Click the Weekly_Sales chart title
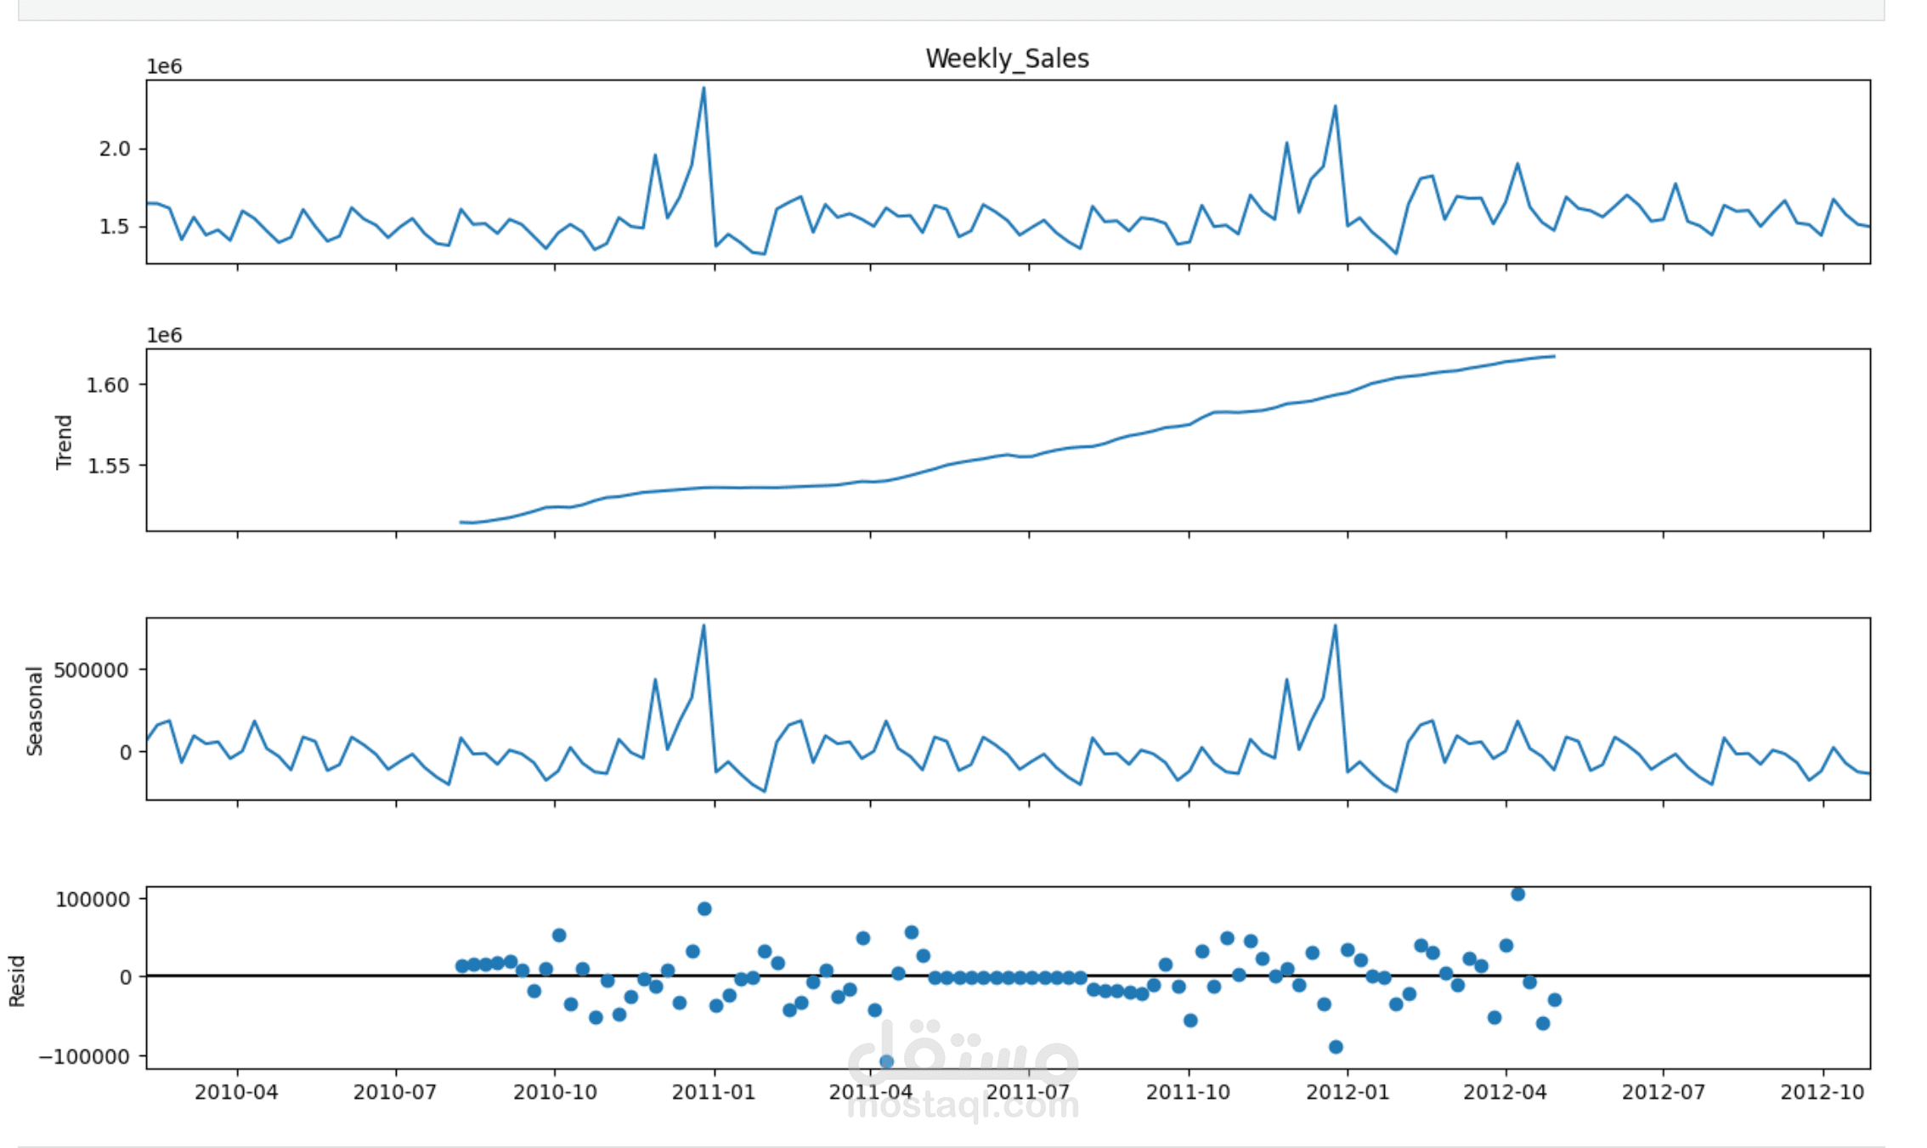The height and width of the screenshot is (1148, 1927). click(x=1007, y=59)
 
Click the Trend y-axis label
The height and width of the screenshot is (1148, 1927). click(x=64, y=442)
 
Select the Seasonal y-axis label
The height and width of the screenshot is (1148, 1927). click(x=35, y=711)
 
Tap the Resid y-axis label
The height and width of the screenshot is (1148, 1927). click(x=17, y=981)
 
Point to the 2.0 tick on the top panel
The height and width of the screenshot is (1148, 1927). click(x=115, y=149)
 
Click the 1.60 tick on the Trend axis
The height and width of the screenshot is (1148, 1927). click(x=108, y=385)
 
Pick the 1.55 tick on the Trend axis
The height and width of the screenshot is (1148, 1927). click(x=108, y=466)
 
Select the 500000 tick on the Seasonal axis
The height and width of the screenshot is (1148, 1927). click(x=91, y=670)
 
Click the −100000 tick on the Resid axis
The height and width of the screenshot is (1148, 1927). click(x=84, y=1056)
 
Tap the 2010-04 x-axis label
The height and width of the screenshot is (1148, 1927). click(x=236, y=1092)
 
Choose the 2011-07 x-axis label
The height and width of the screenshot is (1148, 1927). click(x=1028, y=1092)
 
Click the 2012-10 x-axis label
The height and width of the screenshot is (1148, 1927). click(x=1822, y=1092)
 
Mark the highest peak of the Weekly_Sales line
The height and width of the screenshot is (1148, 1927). click(x=704, y=88)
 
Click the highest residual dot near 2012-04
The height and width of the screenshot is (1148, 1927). click(x=1517, y=894)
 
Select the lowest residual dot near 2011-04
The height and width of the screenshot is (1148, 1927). click(x=886, y=1061)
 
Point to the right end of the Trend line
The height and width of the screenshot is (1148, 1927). click(x=1554, y=356)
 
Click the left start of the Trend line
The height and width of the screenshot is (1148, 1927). click(x=461, y=522)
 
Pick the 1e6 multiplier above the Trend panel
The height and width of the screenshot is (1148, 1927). click(x=164, y=335)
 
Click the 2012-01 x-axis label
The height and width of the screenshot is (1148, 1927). click(x=1348, y=1092)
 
